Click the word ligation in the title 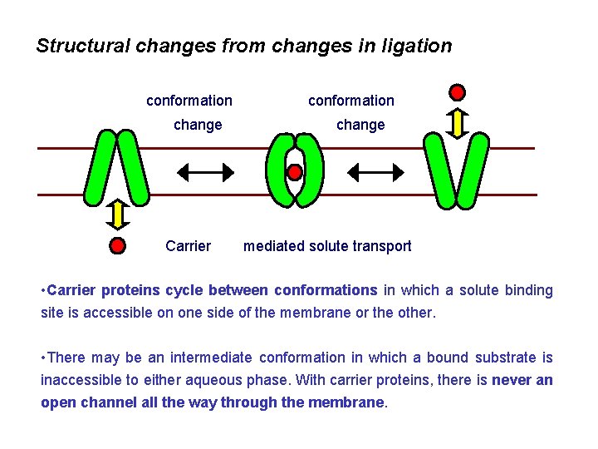click(x=418, y=46)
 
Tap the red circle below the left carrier click(x=118, y=245)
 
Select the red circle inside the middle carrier click(x=294, y=172)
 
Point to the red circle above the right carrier click(x=457, y=91)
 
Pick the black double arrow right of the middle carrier click(x=375, y=172)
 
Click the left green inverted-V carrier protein click(x=118, y=166)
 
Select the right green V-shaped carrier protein click(x=456, y=170)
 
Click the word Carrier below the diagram click(x=188, y=246)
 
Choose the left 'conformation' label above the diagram click(x=189, y=101)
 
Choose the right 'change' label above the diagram click(x=360, y=125)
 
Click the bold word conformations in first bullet click(x=326, y=290)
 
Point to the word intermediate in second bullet click(x=211, y=358)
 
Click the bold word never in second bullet click(x=512, y=380)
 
